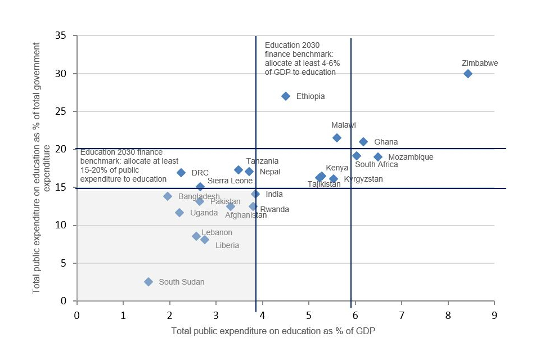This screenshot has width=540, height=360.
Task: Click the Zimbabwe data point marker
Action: tap(467, 74)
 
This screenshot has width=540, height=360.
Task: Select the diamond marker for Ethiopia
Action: tap(286, 96)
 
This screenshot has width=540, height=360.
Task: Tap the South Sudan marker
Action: tap(148, 282)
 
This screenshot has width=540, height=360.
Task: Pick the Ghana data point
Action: tap(363, 142)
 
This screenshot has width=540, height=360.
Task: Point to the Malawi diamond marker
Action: tap(337, 138)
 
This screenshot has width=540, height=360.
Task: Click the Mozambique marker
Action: tap(378, 157)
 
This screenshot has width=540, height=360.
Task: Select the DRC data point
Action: tap(181, 173)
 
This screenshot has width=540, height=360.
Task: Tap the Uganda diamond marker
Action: tap(179, 213)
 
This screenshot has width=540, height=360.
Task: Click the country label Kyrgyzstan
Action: tap(363, 179)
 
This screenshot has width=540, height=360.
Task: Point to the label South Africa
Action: tap(376, 165)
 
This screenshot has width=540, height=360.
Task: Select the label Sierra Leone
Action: tap(230, 181)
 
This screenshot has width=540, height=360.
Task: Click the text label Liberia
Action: tap(227, 245)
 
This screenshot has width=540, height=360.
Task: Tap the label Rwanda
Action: tap(274, 209)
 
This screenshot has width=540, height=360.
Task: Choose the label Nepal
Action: tap(270, 172)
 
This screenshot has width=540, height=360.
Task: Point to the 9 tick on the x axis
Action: tap(494, 315)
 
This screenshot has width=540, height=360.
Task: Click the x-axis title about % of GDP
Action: tap(273, 331)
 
